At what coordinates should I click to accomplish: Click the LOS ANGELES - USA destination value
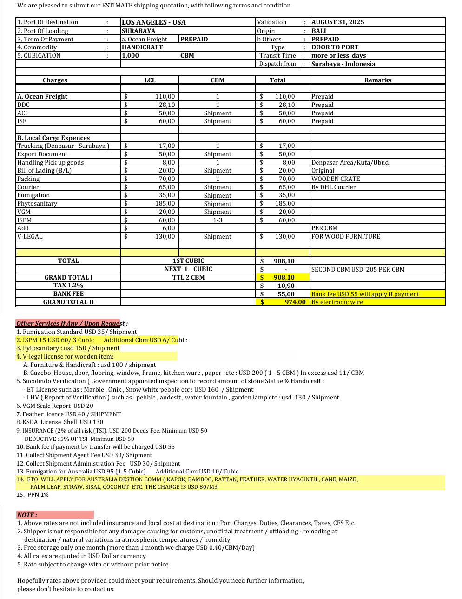153,22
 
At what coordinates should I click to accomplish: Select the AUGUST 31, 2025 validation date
338,22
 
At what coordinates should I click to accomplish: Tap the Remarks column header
378,80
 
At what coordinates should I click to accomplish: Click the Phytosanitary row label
37,204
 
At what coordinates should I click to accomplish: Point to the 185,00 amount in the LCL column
165,204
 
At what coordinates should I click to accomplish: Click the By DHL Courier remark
333,187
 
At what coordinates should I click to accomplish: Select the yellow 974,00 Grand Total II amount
295,302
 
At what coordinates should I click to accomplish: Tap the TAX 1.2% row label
68,286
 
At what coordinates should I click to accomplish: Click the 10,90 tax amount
286,286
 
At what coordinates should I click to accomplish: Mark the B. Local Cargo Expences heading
53,138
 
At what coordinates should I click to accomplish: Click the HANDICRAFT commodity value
142,47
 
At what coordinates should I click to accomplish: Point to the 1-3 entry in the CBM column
218,220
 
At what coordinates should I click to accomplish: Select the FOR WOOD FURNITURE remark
346,237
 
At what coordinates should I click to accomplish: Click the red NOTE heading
27,515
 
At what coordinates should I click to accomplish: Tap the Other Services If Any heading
70,323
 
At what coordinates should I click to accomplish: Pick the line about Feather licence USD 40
68,414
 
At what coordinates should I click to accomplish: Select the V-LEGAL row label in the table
30,237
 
